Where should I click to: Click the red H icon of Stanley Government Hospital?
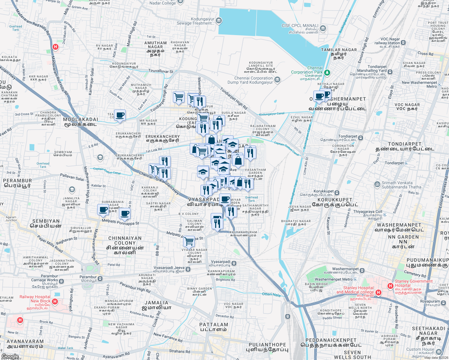tap(390, 286)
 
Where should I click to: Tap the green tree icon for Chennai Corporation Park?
tap(327, 73)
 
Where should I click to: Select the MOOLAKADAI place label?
tap(80, 119)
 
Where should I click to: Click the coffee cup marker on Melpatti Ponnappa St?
tap(125, 214)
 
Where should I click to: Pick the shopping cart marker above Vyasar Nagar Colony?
tap(189, 241)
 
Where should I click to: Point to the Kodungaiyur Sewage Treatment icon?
tap(219, 21)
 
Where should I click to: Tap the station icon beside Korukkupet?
tap(337, 193)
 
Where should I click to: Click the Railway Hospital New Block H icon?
tap(55, 301)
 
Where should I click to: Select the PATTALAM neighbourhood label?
tap(214, 325)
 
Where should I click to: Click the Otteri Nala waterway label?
tap(271, 295)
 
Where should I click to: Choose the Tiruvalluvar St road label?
tap(161, 71)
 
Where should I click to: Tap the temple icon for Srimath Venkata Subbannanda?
tap(377, 184)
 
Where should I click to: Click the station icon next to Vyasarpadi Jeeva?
tap(188, 269)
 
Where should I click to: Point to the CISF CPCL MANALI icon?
tap(323, 28)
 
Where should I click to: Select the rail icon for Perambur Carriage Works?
tap(62, 281)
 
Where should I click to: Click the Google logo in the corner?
tap(10, 356)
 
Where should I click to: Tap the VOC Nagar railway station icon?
tap(403, 43)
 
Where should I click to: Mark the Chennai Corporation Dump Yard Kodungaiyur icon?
tap(277, 80)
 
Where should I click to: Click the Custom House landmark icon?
tap(439, 352)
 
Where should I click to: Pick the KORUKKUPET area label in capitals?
tap(335, 200)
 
